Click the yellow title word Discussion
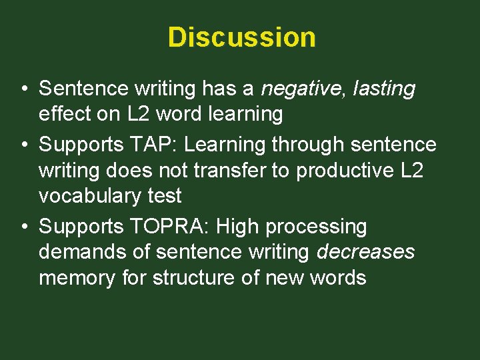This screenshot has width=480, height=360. point(241,37)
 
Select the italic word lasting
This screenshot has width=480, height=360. point(383,88)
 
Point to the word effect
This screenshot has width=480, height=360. point(69,114)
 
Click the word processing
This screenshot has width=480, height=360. point(316,227)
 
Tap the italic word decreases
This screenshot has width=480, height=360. point(365,252)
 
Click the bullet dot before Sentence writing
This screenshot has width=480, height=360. point(23,89)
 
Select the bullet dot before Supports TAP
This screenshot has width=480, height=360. point(23,145)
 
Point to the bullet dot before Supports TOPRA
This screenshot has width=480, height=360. point(23,227)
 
